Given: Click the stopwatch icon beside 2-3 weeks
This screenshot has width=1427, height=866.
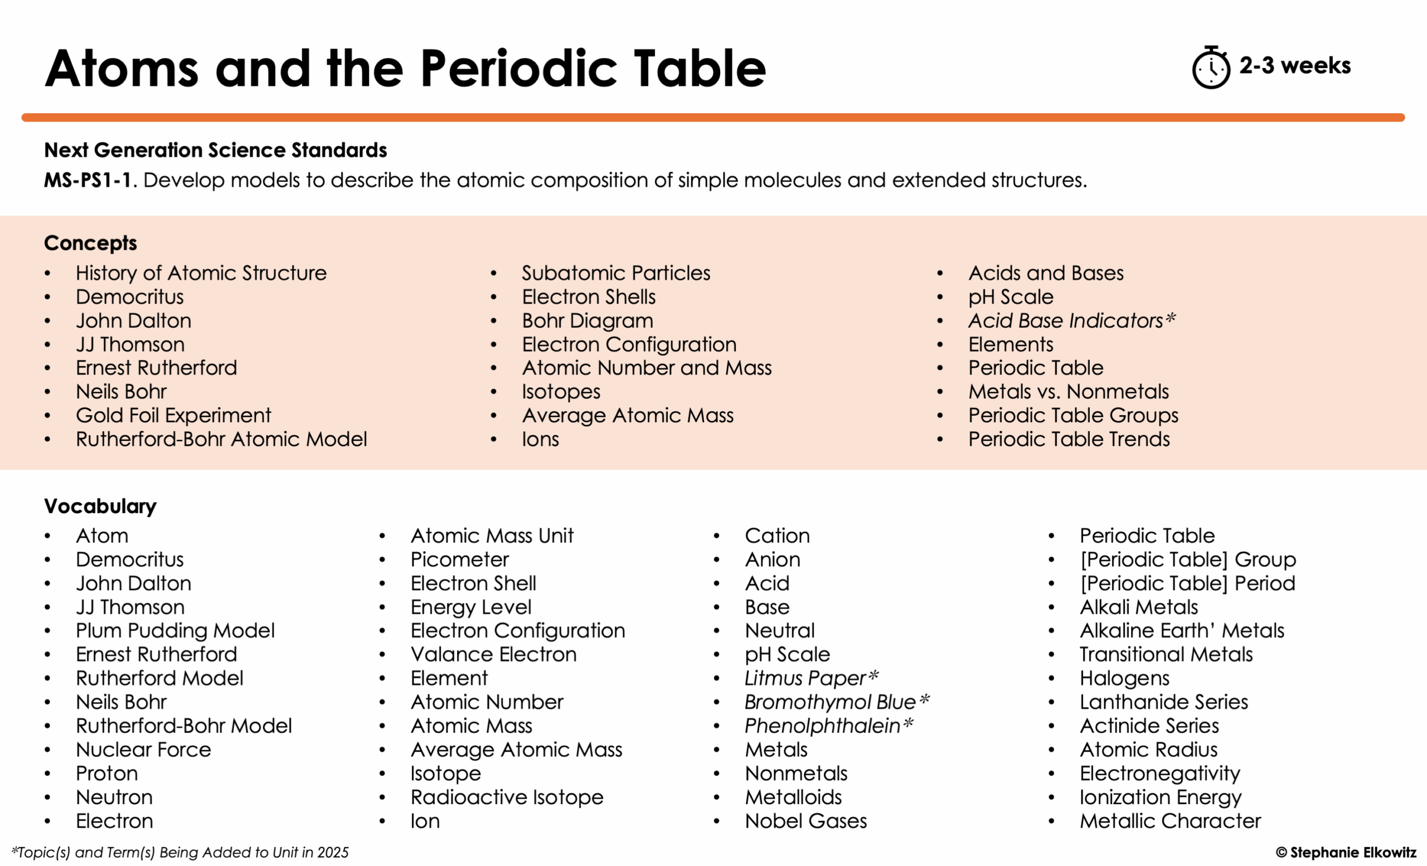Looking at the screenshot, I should point(1210,68).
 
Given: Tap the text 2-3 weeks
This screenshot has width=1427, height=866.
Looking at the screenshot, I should point(1294,65).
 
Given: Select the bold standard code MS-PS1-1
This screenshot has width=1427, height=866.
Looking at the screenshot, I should point(88,180).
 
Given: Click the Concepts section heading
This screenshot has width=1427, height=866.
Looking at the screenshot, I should point(90,243).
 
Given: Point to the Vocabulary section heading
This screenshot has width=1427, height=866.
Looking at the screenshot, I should point(100,506).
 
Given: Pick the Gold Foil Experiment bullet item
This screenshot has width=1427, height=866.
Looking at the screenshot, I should point(173,415).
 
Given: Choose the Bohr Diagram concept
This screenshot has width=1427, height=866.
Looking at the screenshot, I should point(588,320).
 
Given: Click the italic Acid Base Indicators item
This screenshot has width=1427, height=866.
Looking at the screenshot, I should point(1071,320).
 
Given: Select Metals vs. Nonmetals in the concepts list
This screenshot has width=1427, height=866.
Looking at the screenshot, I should point(1069,392).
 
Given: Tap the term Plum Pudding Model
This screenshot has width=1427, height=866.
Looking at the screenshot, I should point(175,630).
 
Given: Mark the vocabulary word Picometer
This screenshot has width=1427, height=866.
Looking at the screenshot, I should point(459,559).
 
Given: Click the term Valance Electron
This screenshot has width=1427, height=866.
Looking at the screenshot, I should point(493,654).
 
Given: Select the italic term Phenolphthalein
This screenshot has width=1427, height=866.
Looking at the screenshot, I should point(828,726).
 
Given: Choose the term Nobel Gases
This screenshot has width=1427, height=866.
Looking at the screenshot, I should point(805,821).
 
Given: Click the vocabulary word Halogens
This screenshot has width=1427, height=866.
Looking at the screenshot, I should point(1124,678).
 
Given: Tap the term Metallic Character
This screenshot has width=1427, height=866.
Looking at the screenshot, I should point(1170,821).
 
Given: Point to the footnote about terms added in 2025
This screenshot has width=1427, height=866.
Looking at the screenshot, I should point(179,852).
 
